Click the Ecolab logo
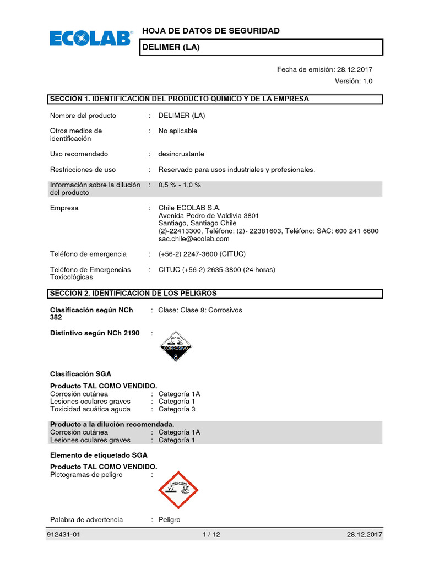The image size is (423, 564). (x=91, y=39)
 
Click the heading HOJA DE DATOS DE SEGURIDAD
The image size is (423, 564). (x=211, y=31)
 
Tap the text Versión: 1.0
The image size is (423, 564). (x=354, y=81)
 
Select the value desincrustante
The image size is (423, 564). (x=181, y=154)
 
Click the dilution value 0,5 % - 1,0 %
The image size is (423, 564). (x=180, y=185)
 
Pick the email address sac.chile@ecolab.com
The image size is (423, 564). (x=193, y=239)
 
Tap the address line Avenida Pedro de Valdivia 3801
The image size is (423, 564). (x=208, y=216)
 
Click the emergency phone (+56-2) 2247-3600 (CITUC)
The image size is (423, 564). (x=202, y=254)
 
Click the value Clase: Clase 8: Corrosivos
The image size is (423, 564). (x=200, y=310)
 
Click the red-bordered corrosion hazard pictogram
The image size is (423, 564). (x=178, y=490)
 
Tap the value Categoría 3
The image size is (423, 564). (x=177, y=409)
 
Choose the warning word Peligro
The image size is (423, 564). (x=169, y=520)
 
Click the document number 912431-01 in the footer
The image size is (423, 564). (x=66, y=535)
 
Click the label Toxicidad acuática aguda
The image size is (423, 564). (x=90, y=409)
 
